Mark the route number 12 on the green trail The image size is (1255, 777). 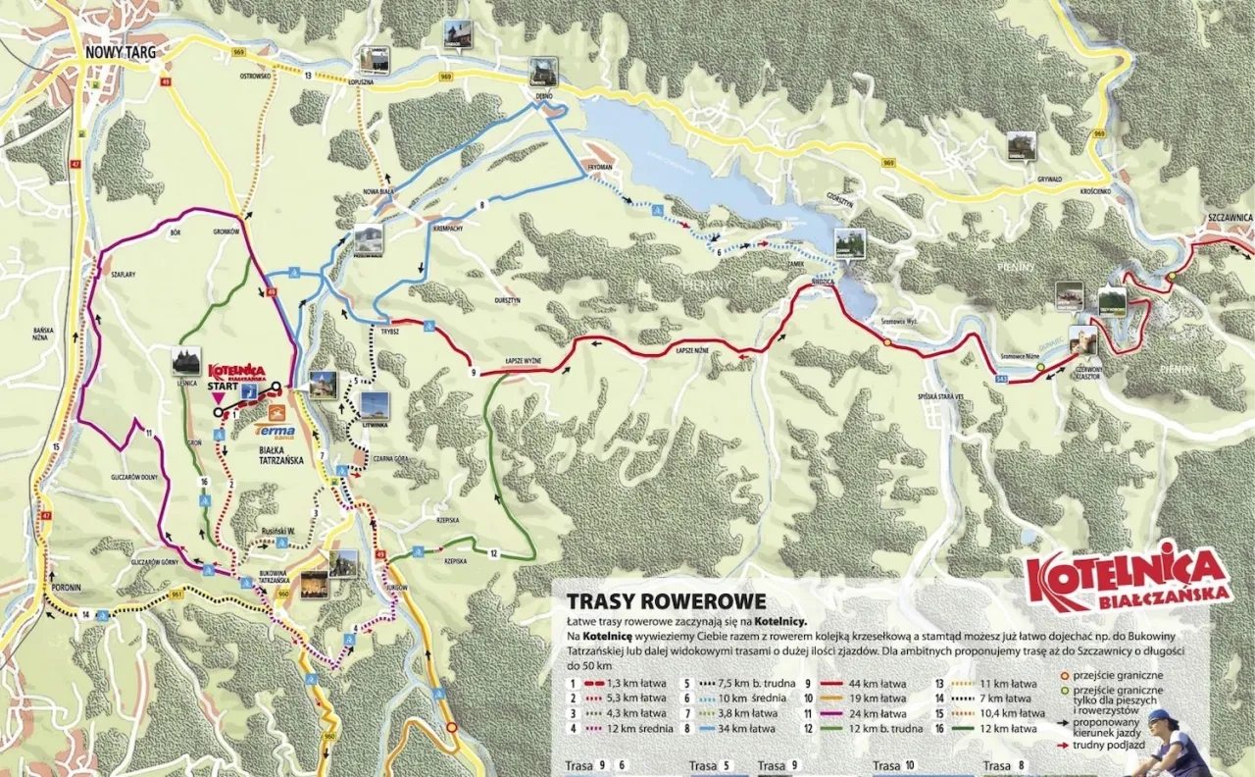coord(493,553)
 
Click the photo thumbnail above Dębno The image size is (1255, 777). coord(542,71)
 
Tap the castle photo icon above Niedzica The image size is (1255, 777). coord(849,242)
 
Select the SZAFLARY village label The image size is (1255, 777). coord(124,275)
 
